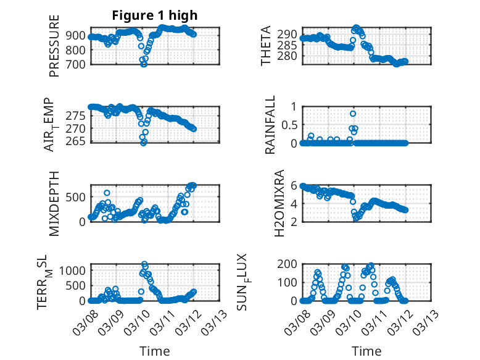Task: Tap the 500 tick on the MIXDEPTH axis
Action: (x=78, y=196)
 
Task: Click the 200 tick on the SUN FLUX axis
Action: (x=289, y=265)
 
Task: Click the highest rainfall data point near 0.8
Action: (x=353, y=114)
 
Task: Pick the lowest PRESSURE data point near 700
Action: (x=144, y=64)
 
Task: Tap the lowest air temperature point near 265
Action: (x=144, y=142)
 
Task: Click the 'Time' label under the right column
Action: (x=366, y=351)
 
